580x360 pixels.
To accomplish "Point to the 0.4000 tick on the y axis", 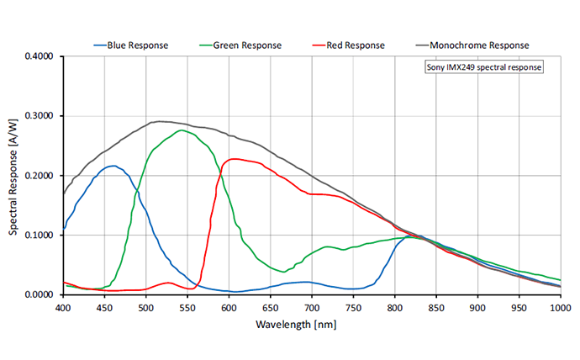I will point(39,56).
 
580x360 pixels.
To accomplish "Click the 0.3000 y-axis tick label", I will point(39,116).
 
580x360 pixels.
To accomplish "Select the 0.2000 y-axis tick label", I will point(39,176).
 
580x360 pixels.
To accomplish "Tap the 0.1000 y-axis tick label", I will point(39,236).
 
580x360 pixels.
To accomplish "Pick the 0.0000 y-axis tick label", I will point(39,294).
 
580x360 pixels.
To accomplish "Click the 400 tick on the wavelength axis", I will point(63,308).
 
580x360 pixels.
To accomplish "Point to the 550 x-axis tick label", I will point(187,308).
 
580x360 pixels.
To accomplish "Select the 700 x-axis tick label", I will point(312,308).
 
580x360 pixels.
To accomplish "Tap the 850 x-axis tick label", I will point(436,308).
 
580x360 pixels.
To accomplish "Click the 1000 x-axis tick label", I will point(560,308).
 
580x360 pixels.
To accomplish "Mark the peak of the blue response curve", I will point(113,166).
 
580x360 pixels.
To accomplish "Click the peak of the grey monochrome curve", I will point(160,121).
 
